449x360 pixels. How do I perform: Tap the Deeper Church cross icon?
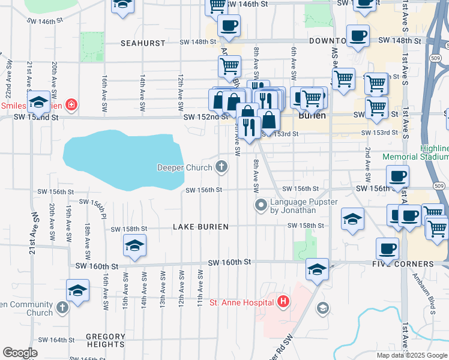point(222,167)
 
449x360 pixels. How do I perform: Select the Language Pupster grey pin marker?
point(261,206)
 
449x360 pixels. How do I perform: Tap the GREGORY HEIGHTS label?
point(105,340)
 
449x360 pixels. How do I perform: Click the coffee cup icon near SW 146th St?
point(228,26)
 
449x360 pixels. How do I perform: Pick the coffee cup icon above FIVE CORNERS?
point(387,248)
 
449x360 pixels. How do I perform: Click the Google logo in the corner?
point(20,353)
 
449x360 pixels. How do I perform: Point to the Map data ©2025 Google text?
point(411,355)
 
